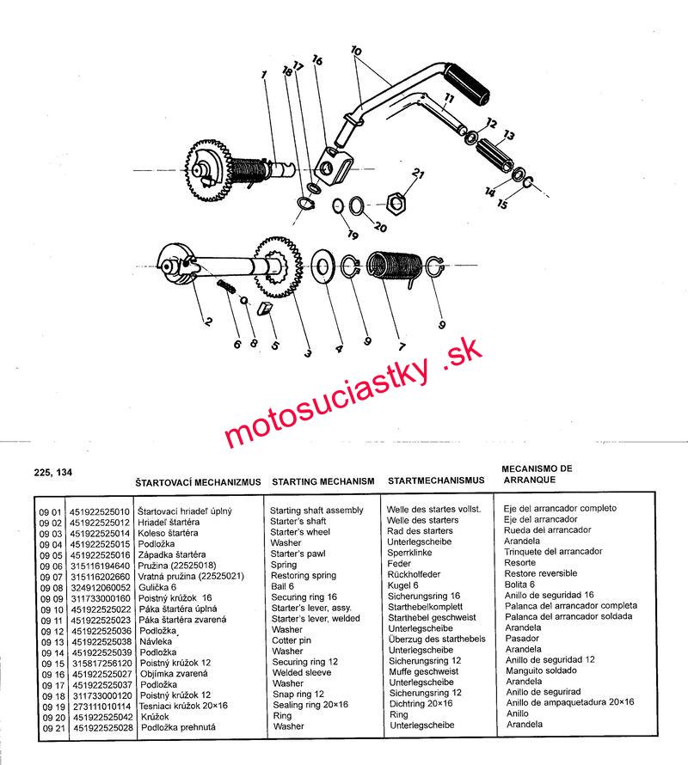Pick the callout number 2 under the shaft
coord(208,323)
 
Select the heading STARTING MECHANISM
coord(322,481)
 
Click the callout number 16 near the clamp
coord(316,61)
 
